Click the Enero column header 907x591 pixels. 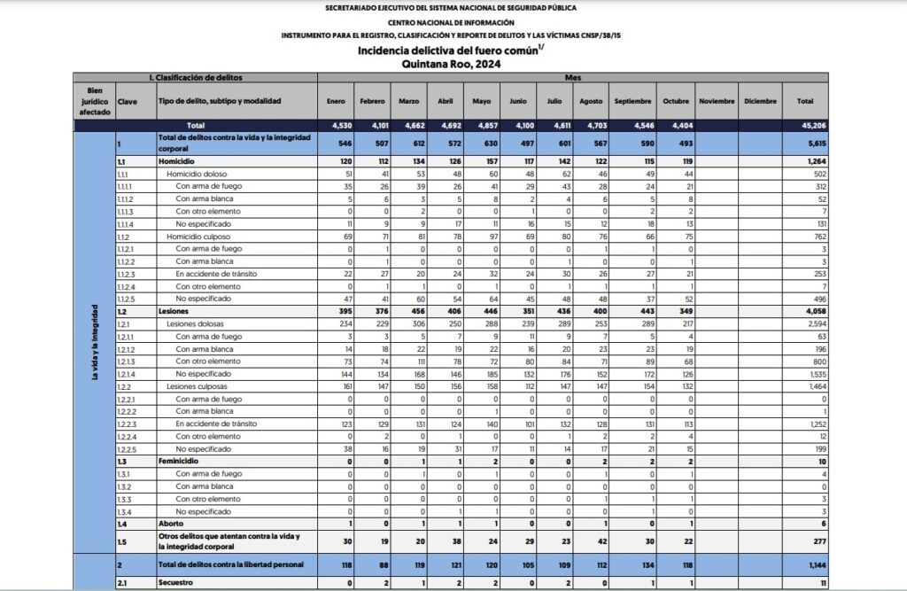pyautogui.click(x=336, y=102)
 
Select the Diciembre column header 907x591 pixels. pyautogui.click(x=761, y=102)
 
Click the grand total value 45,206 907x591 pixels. pyautogui.click(x=804, y=126)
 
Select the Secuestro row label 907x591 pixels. pyautogui.click(x=176, y=583)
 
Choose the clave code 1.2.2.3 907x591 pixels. pyautogui.click(x=128, y=424)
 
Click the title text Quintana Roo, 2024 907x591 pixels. pyautogui.click(x=452, y=64)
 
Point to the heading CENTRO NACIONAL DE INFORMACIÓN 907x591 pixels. pyautogui.click(x=452, y=21)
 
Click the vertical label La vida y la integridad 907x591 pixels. pyautogui.click(x=94, y=341)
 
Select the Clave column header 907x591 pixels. pyautogui.click(x=128, y=102)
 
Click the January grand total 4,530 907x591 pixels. pyautogui.click(x=337, y=126)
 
